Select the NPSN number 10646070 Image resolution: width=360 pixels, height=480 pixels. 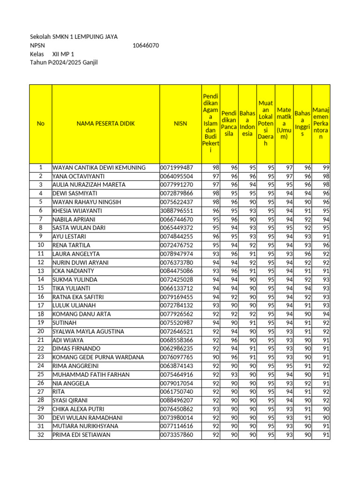click(146, 45)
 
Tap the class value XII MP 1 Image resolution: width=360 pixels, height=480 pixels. click(63, 54)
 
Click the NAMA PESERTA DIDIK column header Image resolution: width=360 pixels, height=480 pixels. click(105, 124)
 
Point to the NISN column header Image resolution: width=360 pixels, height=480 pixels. click(180, 124)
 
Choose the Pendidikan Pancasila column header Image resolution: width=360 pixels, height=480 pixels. click(229, 124)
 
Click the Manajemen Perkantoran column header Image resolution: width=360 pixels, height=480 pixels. click(321, 124)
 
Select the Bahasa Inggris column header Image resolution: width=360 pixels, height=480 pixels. click(303, 124)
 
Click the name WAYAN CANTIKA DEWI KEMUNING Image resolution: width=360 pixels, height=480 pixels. click(99, 168)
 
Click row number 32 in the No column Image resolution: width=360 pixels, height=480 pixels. click(41, 435)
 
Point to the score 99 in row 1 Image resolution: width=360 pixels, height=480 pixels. click(326, 168)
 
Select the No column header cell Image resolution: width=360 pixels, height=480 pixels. click(41, 124)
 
